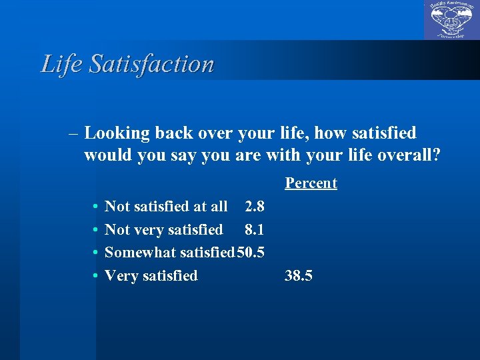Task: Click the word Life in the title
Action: tap(61, 64)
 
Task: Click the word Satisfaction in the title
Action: tap(151, 64)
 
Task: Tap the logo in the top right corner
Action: tap(451, 20)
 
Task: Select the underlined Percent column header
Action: tap(311, 183)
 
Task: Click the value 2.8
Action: tap(255, 207)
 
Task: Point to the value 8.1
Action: tap(255, 230)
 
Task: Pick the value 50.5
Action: tap(251, 253)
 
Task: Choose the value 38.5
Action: tap(299, 275)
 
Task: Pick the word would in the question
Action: tap(106, 156)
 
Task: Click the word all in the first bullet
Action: tap(218, 207)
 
